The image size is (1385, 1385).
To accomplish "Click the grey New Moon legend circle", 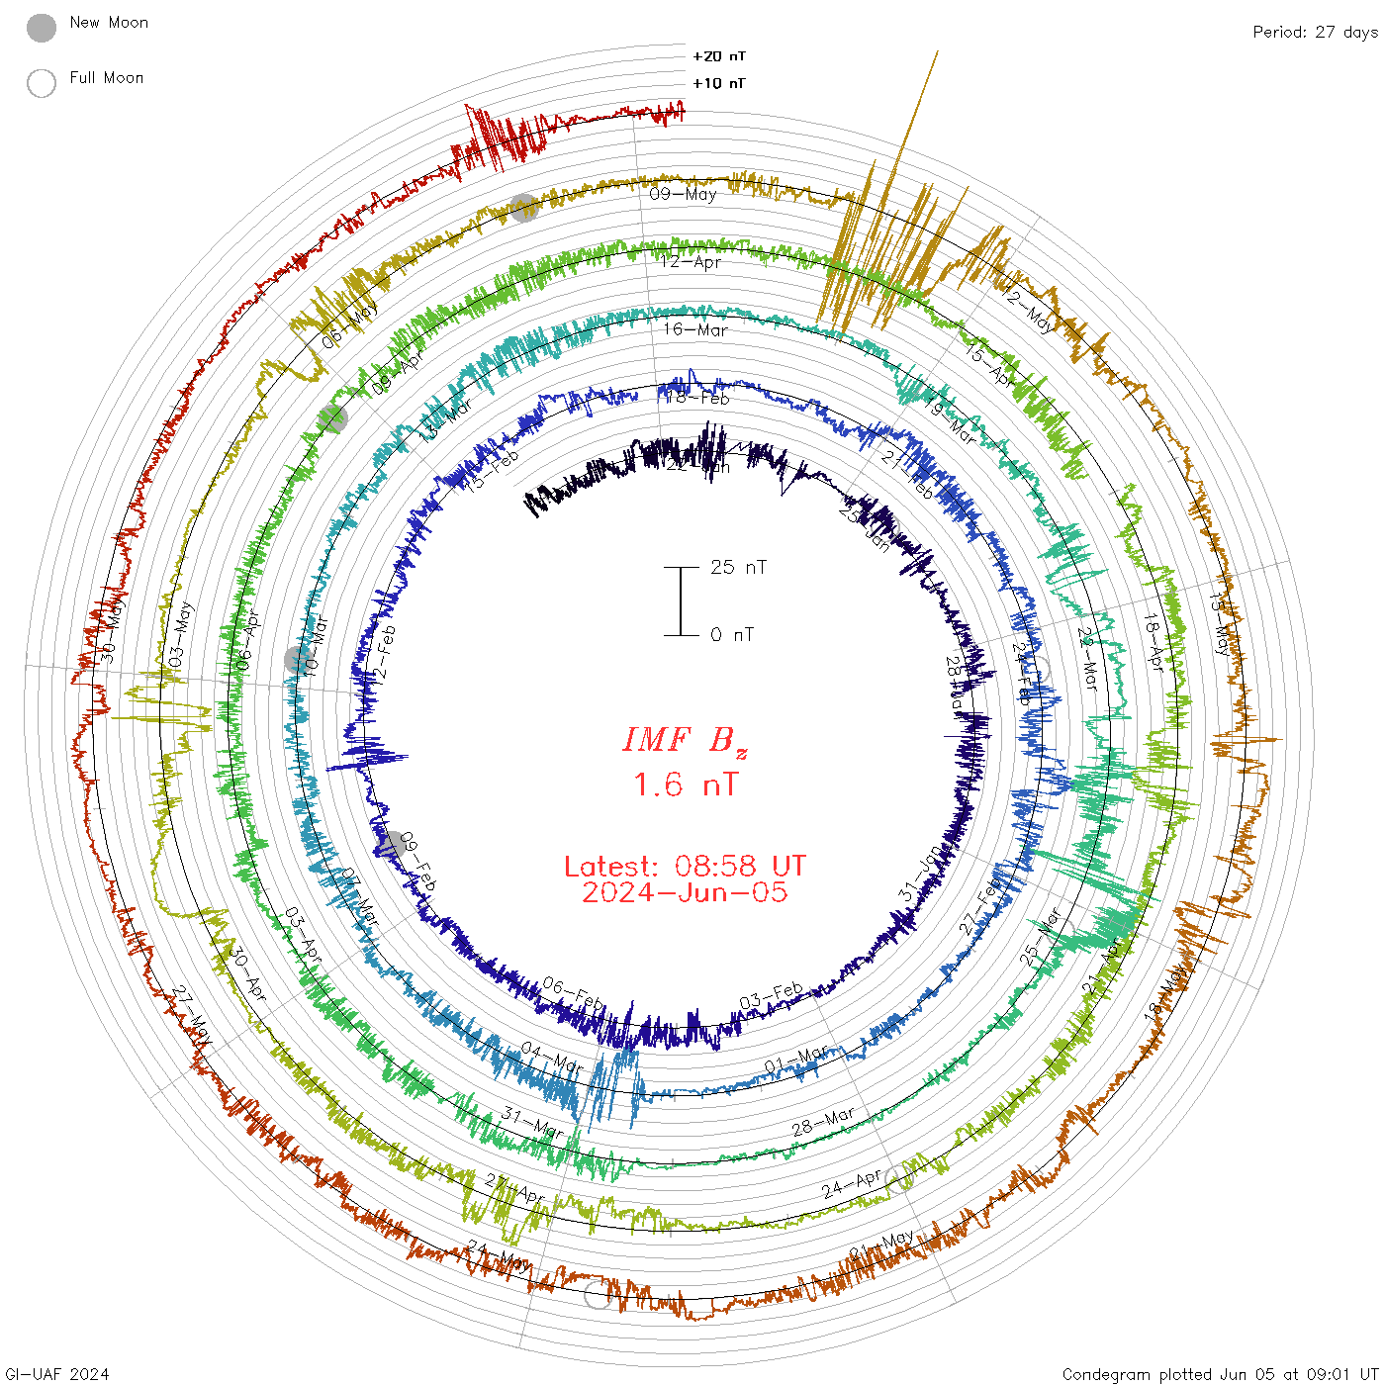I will [x=42, y=29].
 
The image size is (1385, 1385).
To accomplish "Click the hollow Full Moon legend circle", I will [x=42, y=83].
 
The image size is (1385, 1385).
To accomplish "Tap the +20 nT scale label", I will [x=719, y=56].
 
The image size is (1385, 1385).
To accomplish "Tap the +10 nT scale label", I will [x=719, y=83].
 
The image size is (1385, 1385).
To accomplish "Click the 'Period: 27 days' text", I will [x=1315, y=32].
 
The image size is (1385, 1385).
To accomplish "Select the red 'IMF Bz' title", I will [x=685, y=740].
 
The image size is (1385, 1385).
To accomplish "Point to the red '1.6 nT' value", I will [x=685, y=785].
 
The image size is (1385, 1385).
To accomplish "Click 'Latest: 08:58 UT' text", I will [x=685, y=867].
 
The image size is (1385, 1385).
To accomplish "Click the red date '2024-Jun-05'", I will [x=685, y=892].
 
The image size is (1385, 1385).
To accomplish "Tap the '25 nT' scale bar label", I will [x=738, y=567].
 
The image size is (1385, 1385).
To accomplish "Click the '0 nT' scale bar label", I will [x=732, y=634].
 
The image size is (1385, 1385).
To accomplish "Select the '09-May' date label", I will [x=683, y=194].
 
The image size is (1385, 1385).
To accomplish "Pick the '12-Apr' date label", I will [x=691, y=262].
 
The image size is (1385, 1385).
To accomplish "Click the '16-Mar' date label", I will [x=695, y=329].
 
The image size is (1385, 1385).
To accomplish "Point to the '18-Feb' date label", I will [x=697, y=398].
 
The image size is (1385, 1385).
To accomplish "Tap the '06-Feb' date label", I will [x=573, y=993].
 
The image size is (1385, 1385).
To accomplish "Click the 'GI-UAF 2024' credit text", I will [x=56, y=1374].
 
